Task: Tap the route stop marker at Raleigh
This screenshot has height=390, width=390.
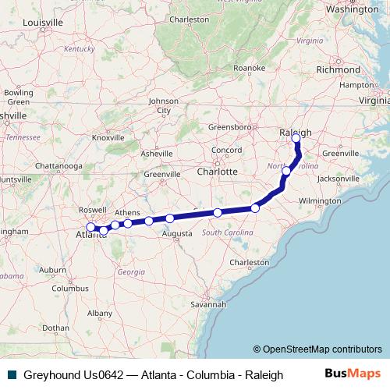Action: click(x=296, y=139)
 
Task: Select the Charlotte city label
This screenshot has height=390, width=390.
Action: click(x=217, y=171)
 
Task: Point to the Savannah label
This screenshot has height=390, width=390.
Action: click(x=211, y=304)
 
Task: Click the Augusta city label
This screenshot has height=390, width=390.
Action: click(x=177, y=233)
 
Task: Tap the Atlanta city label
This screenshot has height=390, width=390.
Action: click(x=89, y=235)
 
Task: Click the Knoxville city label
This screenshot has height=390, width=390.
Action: click(x=108, y=138)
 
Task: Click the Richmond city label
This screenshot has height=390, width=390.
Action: click(x=339, y=69)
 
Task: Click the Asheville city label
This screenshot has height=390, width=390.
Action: click(x=156, y=154)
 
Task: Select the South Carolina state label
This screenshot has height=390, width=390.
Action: click(x=227, y=232)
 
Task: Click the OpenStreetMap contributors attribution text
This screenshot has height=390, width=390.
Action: click(x=317, y=349)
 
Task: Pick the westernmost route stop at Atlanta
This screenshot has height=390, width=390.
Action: click(x=90, y=227)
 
